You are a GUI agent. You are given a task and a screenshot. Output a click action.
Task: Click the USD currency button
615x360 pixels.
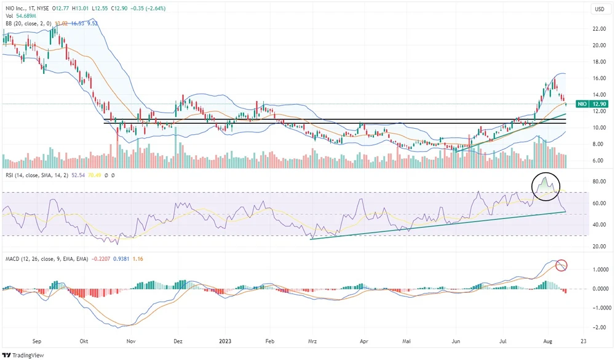[x=599, y=9]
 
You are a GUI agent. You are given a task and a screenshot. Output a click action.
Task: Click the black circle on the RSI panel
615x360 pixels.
[x=546, y=186]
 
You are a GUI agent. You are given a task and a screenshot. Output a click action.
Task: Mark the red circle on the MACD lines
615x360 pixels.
[x=561, y=265]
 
